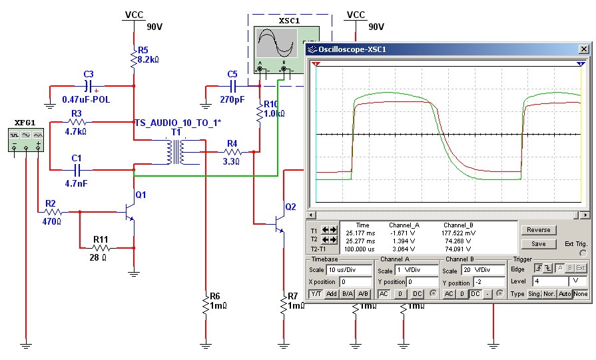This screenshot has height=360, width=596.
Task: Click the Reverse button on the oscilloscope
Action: pos(538,230)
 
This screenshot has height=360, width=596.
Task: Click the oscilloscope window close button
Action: pos(583,49)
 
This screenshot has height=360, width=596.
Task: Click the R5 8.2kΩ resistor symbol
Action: pos(135,59)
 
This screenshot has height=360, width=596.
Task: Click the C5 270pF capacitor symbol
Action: pos(233,86)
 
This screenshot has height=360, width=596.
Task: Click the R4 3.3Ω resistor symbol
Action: pos(232,152)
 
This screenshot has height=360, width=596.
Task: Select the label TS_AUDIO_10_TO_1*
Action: pos(178,123)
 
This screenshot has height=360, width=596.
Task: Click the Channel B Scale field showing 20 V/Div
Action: pos(467,270)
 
